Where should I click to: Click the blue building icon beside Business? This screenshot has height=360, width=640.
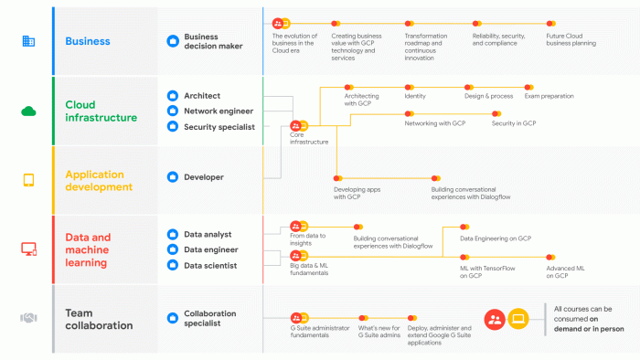click(28, 41)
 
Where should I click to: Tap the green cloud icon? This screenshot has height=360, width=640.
click(28, 111)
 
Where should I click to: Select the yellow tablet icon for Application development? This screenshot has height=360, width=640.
click(28, 180)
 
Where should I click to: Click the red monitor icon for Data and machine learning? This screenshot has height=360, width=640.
click(28, 249)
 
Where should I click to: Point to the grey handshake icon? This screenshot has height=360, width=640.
click(28, 318)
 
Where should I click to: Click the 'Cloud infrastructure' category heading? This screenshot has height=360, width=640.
click(101, 111)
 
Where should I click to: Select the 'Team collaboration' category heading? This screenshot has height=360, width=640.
click(99, 319)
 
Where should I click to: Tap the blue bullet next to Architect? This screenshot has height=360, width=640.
click(173, 96)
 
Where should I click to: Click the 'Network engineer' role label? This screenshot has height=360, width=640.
click(219, 111)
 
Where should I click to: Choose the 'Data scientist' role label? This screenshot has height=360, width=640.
click(210, 265)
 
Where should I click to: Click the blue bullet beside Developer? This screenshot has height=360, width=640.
click(173, 177)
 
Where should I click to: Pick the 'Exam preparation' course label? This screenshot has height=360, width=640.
click(549, 96)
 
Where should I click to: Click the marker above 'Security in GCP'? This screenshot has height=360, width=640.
click(496, 113)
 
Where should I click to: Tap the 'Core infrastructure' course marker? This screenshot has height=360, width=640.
click(299, 125)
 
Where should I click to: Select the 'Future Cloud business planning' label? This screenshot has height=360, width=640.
click(571, 39)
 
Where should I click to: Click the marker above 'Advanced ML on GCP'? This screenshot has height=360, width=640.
click(550, 258)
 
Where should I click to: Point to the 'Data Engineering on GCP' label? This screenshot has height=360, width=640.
click(496, 238)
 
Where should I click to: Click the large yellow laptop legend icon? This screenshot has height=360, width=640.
click(518, 319)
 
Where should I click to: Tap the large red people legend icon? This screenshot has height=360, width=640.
click(495, 319)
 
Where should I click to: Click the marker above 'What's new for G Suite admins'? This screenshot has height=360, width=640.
click(363, 318)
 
